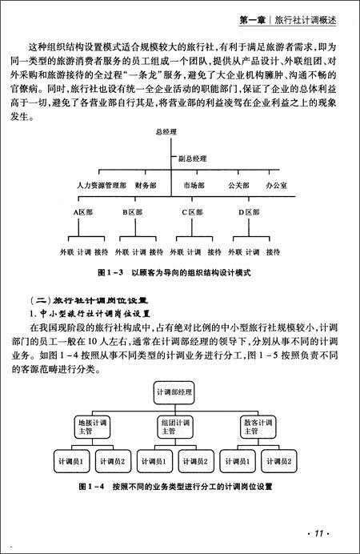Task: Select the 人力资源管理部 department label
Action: pyautogui.click(x=102, y=185)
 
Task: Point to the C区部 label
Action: pyautogui.click(x=193, y=213)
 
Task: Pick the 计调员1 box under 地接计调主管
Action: pyautogui.click(x=66, y=463)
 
